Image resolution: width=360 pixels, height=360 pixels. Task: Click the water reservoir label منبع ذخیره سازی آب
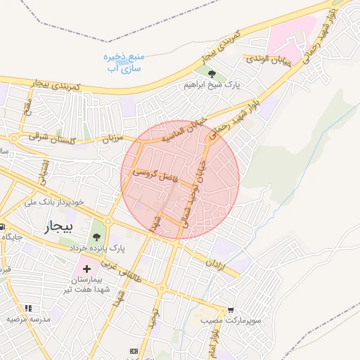pyautogui.click(x=126, y=63)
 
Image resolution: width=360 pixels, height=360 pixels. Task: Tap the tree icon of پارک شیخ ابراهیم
pyautogui.click(x=212, y=72)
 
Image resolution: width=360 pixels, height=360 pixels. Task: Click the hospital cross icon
pyautogui.click(x=86, y=269)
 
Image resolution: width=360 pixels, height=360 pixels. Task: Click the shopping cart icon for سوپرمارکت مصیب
pyautogui.click(x=231, y=309)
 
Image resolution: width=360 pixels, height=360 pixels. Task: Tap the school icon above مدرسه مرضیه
pyautogui.click(x=28, y=307)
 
